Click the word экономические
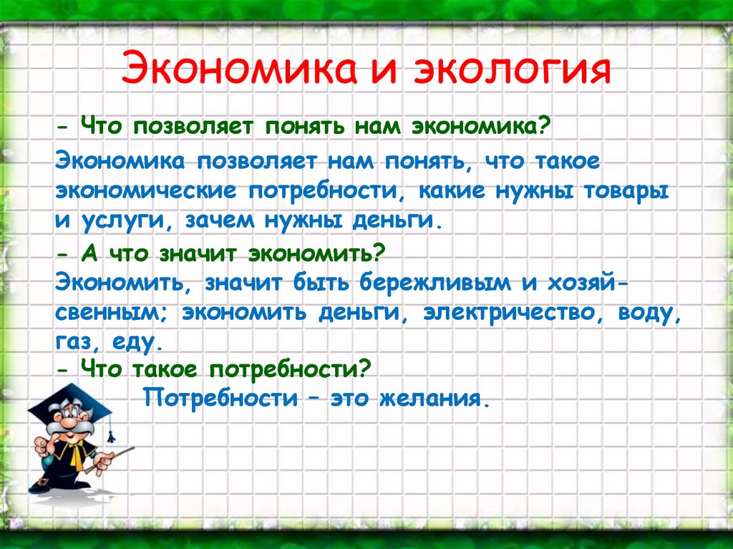pyautogui.click(x=146, y=191)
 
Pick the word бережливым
pyautogui.click(x=435, y=283)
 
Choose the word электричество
pyautogui.click(x=510, y=313)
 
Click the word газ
pyautogui.click(x=76, y=344)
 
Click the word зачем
pyautogui.click(x=220, y=220)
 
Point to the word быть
pyautogui.click(x=321, y=283)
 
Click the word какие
pyautogui.click(x=452, y=191)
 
